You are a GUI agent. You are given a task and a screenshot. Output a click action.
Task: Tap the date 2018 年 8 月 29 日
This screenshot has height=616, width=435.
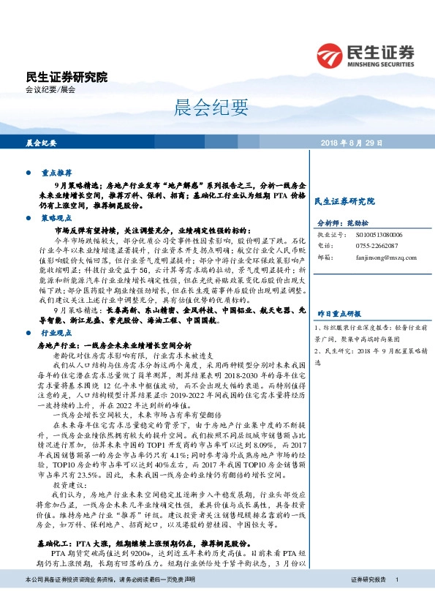[x=354, y=143]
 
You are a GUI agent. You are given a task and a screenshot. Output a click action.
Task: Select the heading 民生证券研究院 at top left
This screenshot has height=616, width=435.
[x=66, y=76]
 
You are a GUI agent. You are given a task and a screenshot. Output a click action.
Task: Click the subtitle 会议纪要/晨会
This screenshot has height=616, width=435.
[x=50, y=89]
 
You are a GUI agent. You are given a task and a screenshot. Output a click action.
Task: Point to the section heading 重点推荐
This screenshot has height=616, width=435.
[x=56, y=174]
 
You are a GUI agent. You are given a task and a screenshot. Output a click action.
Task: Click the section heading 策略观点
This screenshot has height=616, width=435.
[x=56, y=218]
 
